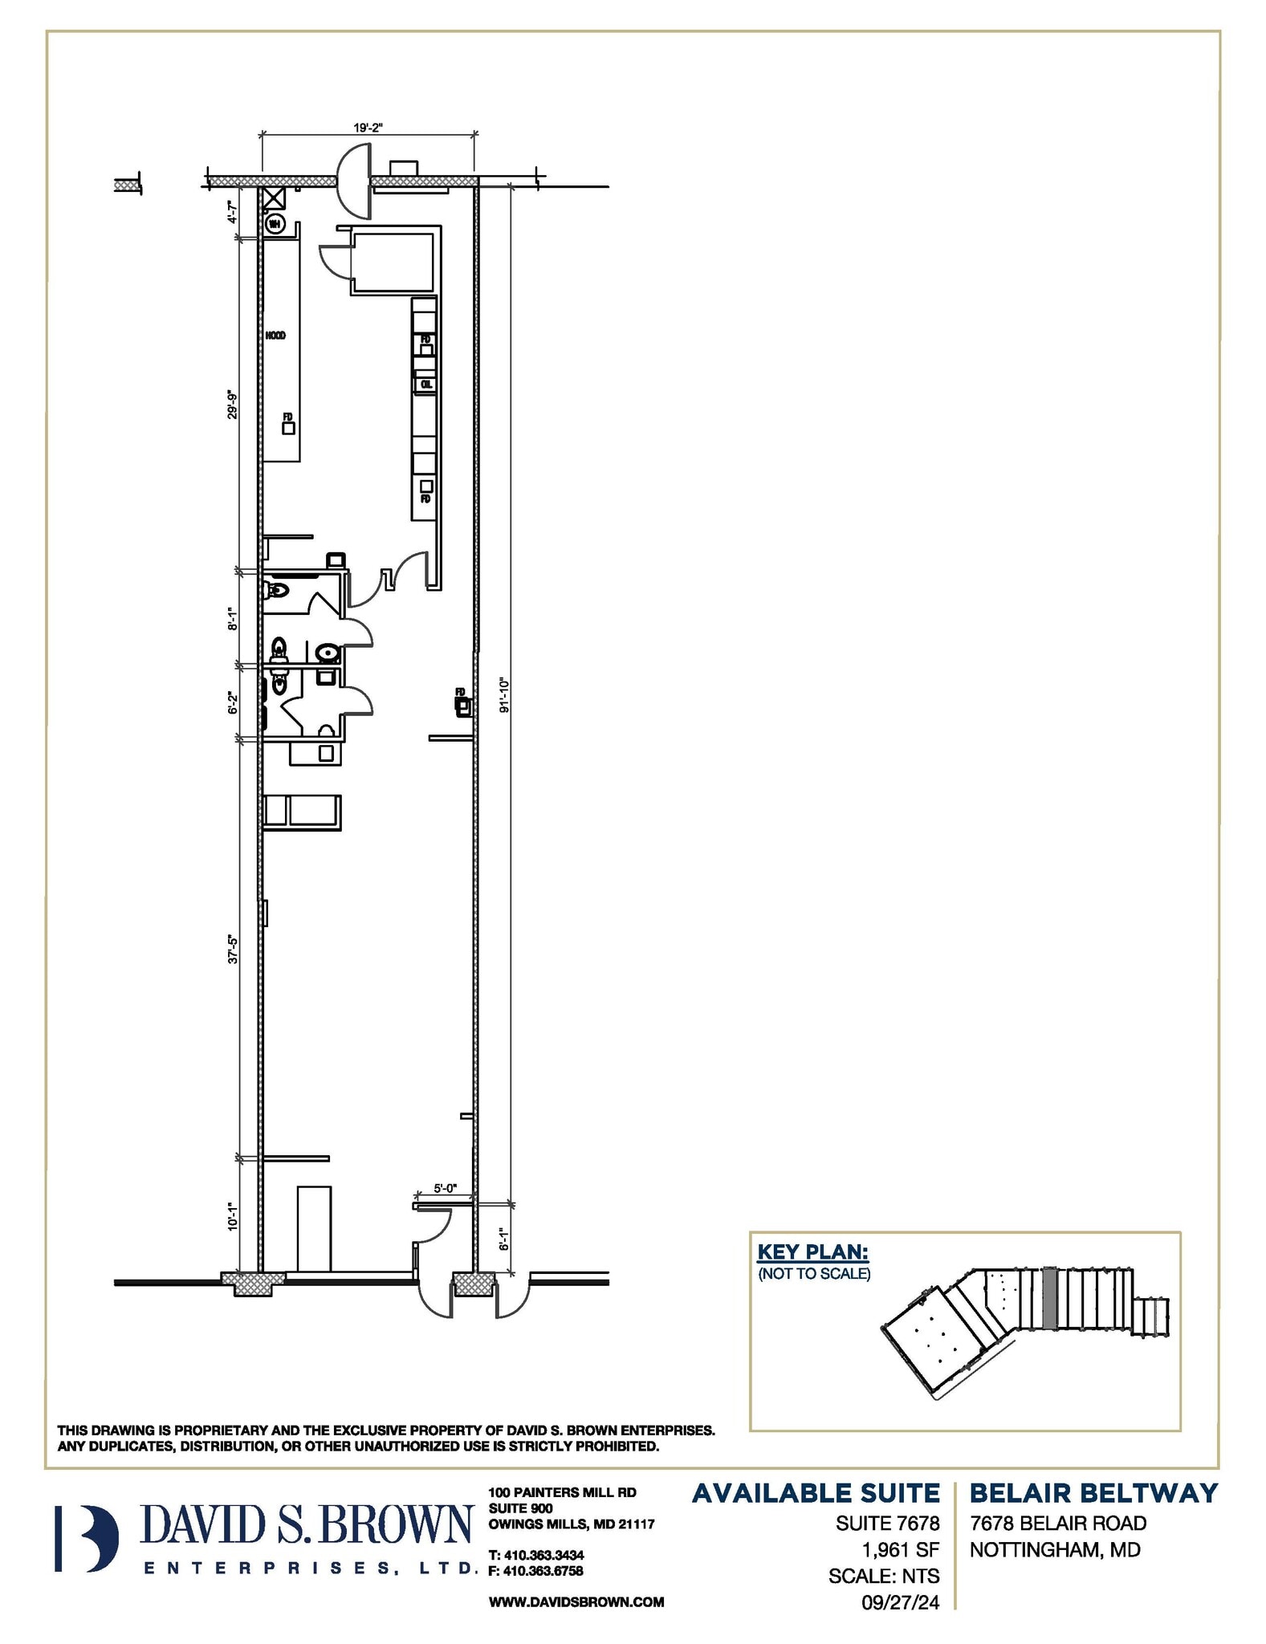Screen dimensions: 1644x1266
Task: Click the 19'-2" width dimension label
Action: pyautogui.click(x=368, y=127)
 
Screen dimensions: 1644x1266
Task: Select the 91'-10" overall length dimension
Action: pyautogui.click(x=504, y=695)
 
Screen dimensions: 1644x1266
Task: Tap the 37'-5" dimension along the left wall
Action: pyautogui.click(x=233, y=948)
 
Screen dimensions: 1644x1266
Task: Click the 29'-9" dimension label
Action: pyautogui.click(x=233, y=405)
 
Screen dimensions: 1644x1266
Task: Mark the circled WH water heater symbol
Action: pyautogui.click(x=275, y=223)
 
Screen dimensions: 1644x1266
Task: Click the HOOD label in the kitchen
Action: pyautogui.click(x=275, y=336)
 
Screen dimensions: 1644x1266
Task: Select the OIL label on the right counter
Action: pyautogui.click(x=426, y=385)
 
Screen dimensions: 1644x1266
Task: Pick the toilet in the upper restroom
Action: pyautogui.click(x=275, y=591)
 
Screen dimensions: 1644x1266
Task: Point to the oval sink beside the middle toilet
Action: pyautogui.click(x=327, y=653)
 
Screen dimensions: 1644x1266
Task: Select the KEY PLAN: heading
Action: pyautogui.click(x=813, y=1251)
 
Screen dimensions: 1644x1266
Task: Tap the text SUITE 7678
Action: pyautogui.click(x=887, y=1523)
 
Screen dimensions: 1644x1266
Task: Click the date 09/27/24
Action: pyautogui.click(x=899, y=1602)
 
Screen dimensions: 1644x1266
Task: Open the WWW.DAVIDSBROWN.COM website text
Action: pyautogui.click(x=576, y=1601)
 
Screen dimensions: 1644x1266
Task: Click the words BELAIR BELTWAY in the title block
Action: pyautogui.click(x=1093, y=1493)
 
